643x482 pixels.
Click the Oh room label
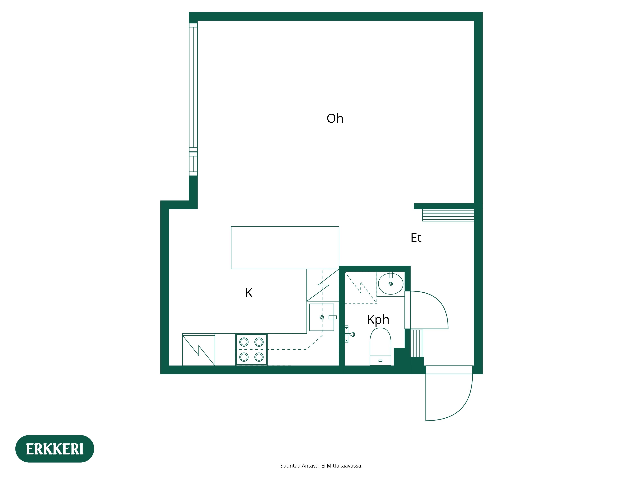(335, 119)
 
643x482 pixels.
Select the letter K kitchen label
(249, 293)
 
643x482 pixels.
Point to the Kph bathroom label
(378, 320)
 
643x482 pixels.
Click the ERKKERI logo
(55, 449)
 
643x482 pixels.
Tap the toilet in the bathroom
(380, 346)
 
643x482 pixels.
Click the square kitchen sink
(321, 317)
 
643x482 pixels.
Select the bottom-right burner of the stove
(259, 357)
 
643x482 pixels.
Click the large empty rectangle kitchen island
(285, 248)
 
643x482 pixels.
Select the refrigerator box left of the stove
(199, 350)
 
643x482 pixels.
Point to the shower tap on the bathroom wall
(350, 334)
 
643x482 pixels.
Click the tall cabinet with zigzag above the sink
(323, 285)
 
